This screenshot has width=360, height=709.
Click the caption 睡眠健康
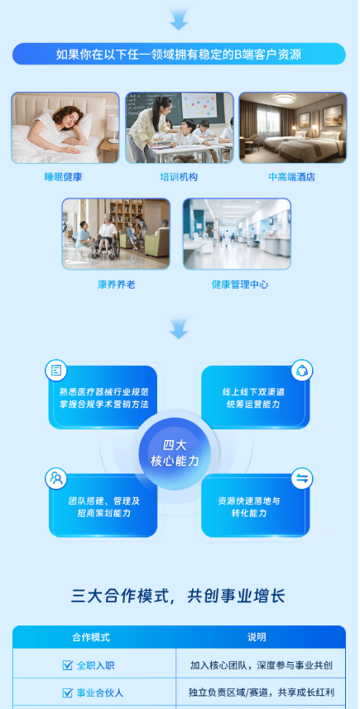pyautogui.click(x=63, y=177)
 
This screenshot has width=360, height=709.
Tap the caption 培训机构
pyautogui.click(x=179, y=177)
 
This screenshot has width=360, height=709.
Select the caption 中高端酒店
pyautogui.click(x=291, y=177)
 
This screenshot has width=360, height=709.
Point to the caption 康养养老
pyautogui.click(x=116, y=285)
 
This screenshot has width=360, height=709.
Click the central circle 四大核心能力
pyautogui.click(x=175, y=453)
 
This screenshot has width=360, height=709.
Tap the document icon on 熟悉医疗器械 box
pyautogui.click(x=56, y=371)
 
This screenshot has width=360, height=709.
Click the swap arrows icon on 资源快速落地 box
pyautogui.click(x=302, y=478)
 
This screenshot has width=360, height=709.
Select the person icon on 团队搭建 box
pyautogui.click(x=56, y=478)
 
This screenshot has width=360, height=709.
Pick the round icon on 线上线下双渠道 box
pyautogui.click(x=302, y=371)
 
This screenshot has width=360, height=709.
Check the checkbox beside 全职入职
pyautogui.click(x=67, y=665)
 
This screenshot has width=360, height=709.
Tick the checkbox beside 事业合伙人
pyautogui.click(x=67, y=692)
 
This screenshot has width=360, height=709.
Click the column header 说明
pyautogui.click(x=257, y=637)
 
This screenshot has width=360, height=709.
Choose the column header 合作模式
pyautogui.click(x=91, y=637)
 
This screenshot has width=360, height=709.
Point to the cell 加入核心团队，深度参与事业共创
pyautogui.click(x=262, y=665)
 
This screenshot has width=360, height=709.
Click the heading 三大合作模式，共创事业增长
pyautogui.click(x=178, y=596)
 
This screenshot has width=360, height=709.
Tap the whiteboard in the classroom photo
pyautogui.click(x=199, y=106)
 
